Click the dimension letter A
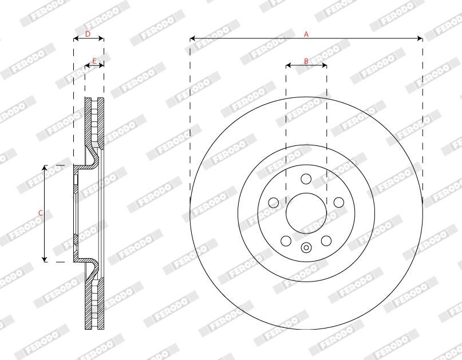coord(306,34)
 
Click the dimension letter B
coord(306,60)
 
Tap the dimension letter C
coord(40,213)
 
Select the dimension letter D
coord(88,34)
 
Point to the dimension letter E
coord(94,60)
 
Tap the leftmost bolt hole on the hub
coord(273,202)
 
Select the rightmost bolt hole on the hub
coord(338,202)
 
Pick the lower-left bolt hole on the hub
coord(286,240)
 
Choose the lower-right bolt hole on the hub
coord(326,240)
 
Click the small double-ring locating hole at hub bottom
coord(306,248)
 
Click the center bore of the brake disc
coord(306,212)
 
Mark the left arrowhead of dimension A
coord(192,39)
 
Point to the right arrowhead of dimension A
coord(421,39)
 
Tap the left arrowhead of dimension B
coord(287,66)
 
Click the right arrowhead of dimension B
coord(325,66)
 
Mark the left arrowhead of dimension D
coord(76,39)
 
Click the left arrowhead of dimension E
coord(87,66)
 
